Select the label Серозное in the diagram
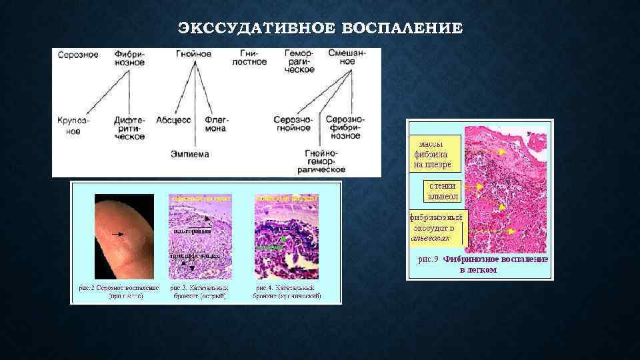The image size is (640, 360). point(78,54)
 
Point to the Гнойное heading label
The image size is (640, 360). point(194,53)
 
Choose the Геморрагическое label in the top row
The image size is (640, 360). point(299,61)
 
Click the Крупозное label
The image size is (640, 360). point(74,126)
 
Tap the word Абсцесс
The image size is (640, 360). point(173,120)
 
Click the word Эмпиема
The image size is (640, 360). point(190,154)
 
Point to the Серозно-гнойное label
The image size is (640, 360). point(293,124)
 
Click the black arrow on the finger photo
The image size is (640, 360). point(121,234)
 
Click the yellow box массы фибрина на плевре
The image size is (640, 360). point(433,153)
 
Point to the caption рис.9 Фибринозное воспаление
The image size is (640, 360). point(483,264)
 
